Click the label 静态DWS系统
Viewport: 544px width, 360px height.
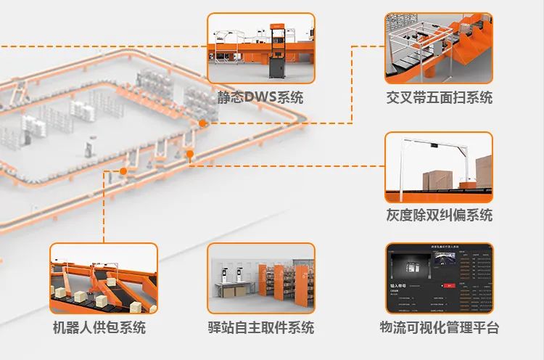[x=260, y=97]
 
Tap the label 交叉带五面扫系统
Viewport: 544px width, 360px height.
[x=439, y=97]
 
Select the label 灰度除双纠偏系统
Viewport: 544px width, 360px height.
[x=439, y=215]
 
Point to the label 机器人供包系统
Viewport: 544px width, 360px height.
[x=99, y=327]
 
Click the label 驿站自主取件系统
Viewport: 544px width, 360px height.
[x=260, y=327]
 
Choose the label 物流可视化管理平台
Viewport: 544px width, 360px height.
[x=439, y=327]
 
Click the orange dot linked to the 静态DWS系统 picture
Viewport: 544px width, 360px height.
[x=202, y=124]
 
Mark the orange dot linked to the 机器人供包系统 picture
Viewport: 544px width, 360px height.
[x=124, y=171]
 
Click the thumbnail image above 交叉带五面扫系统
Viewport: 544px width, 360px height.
[x=439, y=48]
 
